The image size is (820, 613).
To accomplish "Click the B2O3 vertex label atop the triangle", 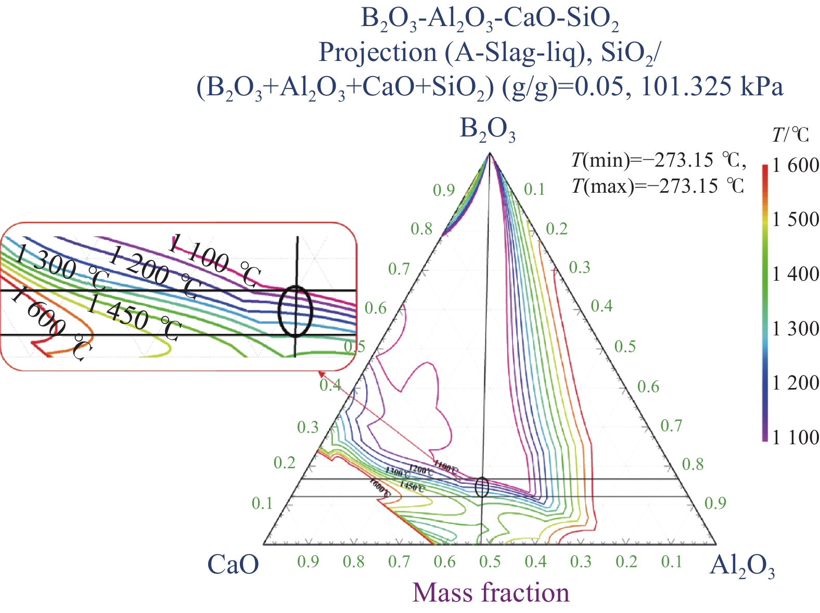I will tap(488, 130).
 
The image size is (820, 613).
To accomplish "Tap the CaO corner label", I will tap(233, 564).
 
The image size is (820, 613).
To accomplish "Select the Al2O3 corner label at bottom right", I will tap(742, 566).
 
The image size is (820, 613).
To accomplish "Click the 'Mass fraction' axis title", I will tap(491, 593).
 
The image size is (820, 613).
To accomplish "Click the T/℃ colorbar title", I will tap(790, 135).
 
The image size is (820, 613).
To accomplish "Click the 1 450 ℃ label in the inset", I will tap(134, 316).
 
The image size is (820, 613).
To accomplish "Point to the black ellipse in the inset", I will tap(296, 310).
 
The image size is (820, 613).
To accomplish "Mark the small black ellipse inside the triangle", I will tap(482, 487).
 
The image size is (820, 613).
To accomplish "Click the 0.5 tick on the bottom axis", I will tap(490, 561).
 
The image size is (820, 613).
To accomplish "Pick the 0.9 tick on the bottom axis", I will tap(308, 561).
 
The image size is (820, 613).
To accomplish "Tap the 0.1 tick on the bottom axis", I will tap(671, 561).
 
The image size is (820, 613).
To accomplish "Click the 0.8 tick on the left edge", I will tap(421, 229).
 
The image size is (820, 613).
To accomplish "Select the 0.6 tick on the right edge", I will tap(648, 386).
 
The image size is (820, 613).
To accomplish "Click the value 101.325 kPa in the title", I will tap(712, 87).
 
